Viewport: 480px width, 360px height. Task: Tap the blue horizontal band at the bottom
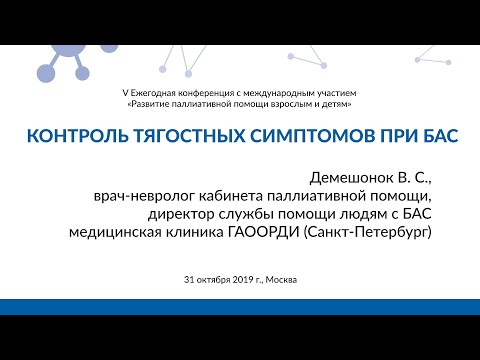(x=240, y=307)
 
